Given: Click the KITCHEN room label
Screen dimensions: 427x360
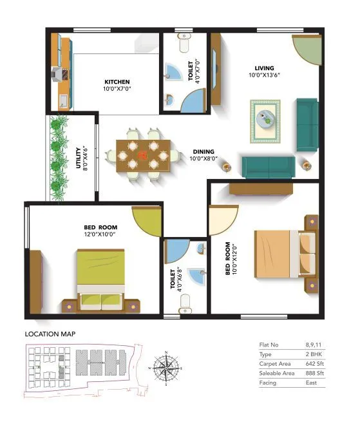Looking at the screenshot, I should click(117, 82).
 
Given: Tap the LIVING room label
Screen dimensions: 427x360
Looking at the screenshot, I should click(264, 68).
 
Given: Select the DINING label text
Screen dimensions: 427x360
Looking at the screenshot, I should click(203, 151).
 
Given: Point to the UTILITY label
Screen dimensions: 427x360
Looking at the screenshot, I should click(79, 158).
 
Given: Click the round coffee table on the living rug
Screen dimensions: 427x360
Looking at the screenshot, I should click(265, 119).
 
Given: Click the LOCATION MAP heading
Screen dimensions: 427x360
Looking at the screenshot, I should click(50, 334).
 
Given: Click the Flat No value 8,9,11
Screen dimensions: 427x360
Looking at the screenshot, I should click(314, 345).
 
